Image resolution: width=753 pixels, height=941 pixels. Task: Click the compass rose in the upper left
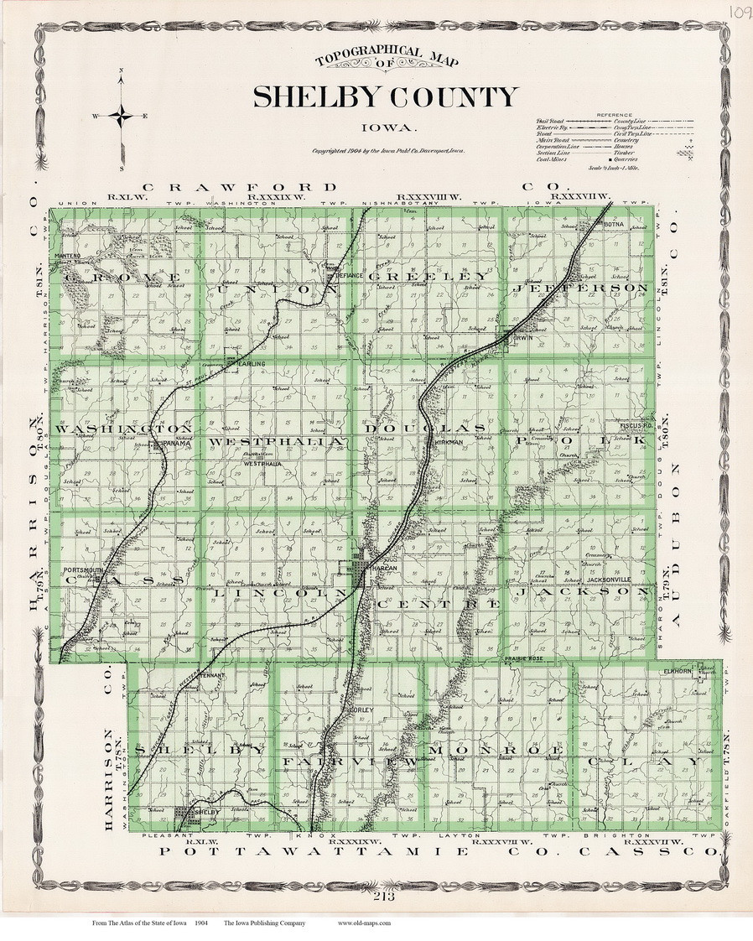pos(122,117)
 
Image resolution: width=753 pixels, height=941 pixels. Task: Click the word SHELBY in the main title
pos(315,98)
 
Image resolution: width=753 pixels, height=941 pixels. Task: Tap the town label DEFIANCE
pos(348,275)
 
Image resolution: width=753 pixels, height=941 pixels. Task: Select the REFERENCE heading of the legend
pos(615,114)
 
